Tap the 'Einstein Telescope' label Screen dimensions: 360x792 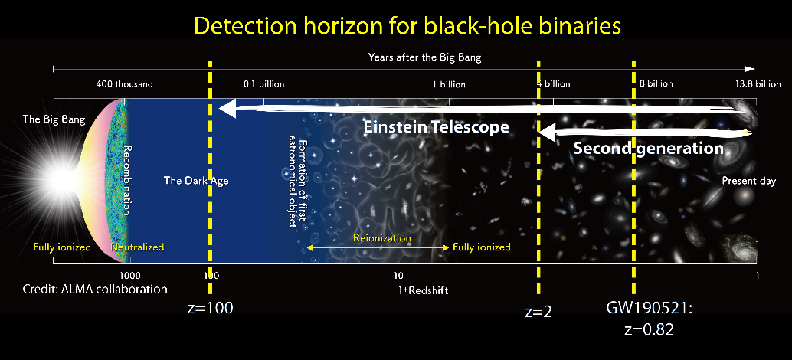click(x=436, y=127)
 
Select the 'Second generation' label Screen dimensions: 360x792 click(x=648, y=149)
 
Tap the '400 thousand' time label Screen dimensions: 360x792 click(x=124, y=83)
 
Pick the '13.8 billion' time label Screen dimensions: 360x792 click(x=756, y=83)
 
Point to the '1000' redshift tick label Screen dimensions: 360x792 click(x=129, y=274)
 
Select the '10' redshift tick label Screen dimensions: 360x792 click(x=399, y=274)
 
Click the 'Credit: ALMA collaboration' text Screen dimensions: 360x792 click(x=96, y=290)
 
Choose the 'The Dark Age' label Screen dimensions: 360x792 click(x=196, y=182)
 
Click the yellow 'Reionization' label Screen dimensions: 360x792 click(x=381, y=237)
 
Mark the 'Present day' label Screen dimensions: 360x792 click(x=748, y=182)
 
